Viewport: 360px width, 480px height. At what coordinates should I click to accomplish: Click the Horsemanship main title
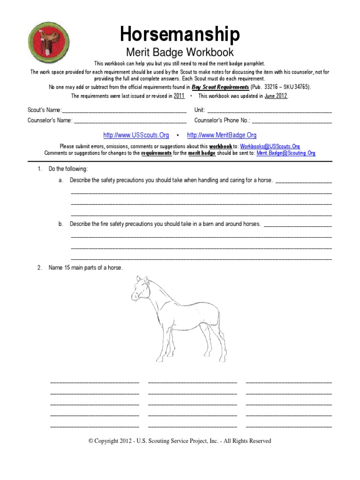coord(180,35)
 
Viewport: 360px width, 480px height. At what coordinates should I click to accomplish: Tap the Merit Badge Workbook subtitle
coord(180,52)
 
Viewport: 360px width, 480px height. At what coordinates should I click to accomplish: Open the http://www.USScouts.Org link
coord(136,135)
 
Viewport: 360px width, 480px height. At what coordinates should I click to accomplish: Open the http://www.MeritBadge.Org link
coord(222,135)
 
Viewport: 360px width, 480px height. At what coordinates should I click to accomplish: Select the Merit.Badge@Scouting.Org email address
coord(286,153)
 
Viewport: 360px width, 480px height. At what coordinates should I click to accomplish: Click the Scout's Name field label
coord(45,110)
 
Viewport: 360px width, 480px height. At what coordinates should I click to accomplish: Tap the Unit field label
coord(199,110)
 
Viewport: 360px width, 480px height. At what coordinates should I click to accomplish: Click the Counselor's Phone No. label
coord(222,120)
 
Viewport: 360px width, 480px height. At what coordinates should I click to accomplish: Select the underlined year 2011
coord(179,96)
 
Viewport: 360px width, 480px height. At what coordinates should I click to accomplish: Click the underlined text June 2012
coord(276,96)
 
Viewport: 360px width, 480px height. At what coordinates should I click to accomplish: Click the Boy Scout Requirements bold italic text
coord(220,87)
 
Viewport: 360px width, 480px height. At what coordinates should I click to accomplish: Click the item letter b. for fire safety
coord(61,224)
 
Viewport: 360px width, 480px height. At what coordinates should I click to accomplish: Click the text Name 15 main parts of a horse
coord(86,268)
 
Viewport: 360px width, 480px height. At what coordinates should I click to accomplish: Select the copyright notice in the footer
coord(180,441)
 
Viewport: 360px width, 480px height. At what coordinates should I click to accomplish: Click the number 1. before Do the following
coord(40,169)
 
